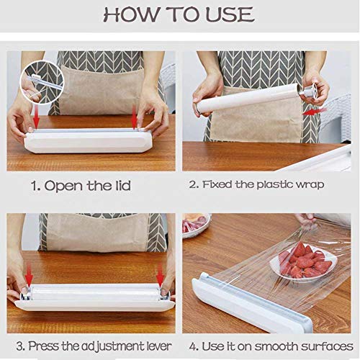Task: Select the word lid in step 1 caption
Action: click(120, 185)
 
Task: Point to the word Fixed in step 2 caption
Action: click(218, 185)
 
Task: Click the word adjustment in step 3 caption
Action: click(107, 346)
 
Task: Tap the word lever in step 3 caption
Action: click(153, 346)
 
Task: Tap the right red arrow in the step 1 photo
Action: click(134, 119)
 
